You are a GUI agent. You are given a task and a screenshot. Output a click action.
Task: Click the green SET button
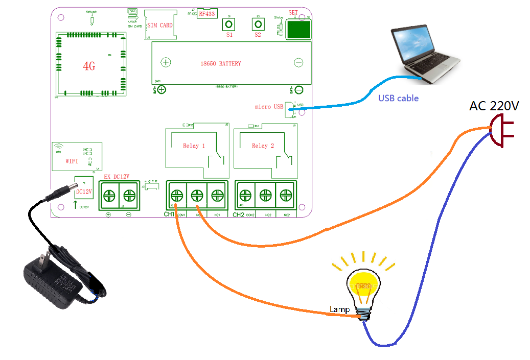point(298,30)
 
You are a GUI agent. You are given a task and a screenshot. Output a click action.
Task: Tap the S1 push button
point(228,24)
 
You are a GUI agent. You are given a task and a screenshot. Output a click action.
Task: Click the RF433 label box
point(208,14)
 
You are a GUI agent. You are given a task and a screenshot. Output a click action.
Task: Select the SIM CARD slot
point(159,25)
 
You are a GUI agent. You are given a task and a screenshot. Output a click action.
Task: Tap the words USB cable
point(398,98)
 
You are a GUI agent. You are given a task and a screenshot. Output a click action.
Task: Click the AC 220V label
point(494,106)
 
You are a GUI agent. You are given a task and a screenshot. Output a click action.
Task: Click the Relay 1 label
point(194,146)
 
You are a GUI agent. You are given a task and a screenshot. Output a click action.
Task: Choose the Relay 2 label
point(263,146)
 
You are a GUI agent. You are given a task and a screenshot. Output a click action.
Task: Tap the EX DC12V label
point(117,177)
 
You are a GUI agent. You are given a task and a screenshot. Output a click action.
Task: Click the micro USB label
point(269,107)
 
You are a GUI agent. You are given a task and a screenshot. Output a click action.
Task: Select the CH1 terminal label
point(169,214)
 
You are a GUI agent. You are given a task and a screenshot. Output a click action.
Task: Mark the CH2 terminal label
point(238,215)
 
